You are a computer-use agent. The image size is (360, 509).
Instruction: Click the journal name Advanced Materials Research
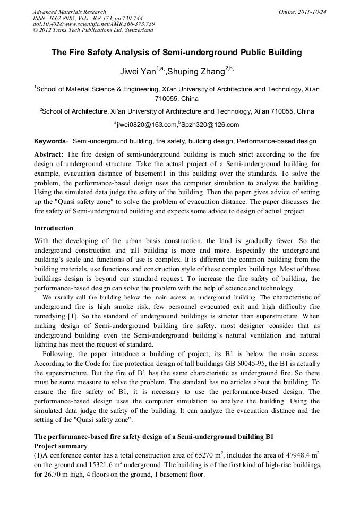pyautogui.click(x=69, y=12)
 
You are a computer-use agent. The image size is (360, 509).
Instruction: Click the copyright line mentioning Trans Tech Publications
pyautogui.click(x=93, y=30)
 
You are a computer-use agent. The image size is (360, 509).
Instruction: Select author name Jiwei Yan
pyautogui.click(x=139, y=71)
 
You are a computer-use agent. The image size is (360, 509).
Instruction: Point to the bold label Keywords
pyautogui.click(x=49, y=142)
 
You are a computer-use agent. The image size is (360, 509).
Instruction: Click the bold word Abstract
pyautogui.click(x=49, y=154)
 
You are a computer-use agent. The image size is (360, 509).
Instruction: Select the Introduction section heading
pyautogui.click(x=54, y=228)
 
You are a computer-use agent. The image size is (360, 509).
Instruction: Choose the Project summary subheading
pyautogui.click(x=61, y=446)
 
